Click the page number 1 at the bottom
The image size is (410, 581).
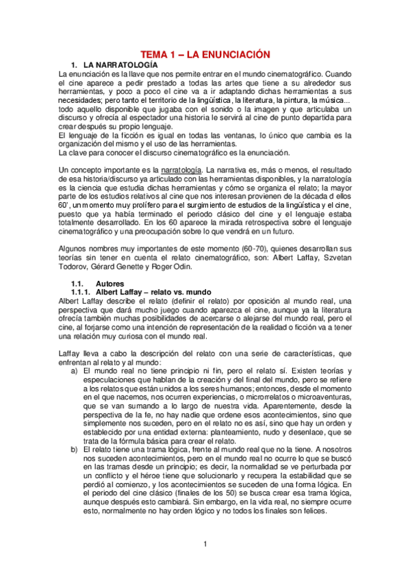click(x=205, y=544)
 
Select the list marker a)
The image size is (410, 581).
click(x=75, y=370)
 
